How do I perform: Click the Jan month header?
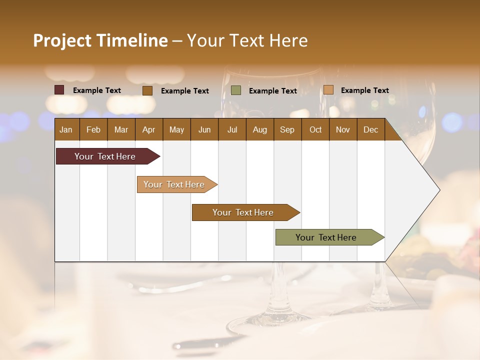pyautogui.click(x=66, y=130)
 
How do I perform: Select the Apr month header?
pyautogui.click(x=148, y=130)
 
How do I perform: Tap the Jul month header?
pyautogui.click(x=232, y=130)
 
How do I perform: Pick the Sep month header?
pyautogui.click(x=287, y=130)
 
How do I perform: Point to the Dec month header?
pyautogui.click(x=370, y=130)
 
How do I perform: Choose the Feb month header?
pyautogui.click(x=93, y=130)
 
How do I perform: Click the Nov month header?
pyautogui.click(x=342, y=130)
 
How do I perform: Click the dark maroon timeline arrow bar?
pyautogui.click(x=105, y=156)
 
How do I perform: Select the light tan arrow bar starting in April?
pyautogui.click(x=174, y=184)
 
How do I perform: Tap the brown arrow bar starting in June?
pyautogui.click(x=243, y=212)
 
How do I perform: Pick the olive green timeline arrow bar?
pyautogui.click(x=326, y=237)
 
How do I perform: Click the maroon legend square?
pyautogui.click(x=59, y=90)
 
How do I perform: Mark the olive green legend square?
pyautogui.click(x=236, y=90)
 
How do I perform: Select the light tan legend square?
pyautogui.click(x=328, y=90)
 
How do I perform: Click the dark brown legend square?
pyautogui.click(x=147, y=90)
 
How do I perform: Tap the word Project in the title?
pyautogui.click(x=62, y=40)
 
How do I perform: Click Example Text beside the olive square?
pyautogui.click(x=272, y=91)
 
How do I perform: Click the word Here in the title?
pyautogui.click(x=288, y=40)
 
